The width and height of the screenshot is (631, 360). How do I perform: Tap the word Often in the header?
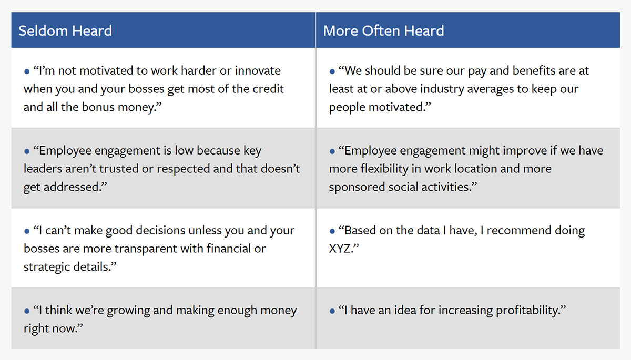pyautogui.click(x=381, y=30)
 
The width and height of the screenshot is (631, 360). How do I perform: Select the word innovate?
pyautogui.click(x=258, y=70)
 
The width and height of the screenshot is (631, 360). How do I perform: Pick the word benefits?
pyautogui.click(x=534, y=70)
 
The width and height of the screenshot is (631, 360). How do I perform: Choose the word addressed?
pyautogui.click(x=75, y=187)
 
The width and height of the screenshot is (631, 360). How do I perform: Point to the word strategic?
pyautogui.click(x=47, y=267)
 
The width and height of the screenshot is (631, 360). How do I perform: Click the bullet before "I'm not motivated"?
pyautogui.click(x=27, y=72)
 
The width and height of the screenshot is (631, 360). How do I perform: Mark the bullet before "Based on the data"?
pyautogui.click(x=332, y=231)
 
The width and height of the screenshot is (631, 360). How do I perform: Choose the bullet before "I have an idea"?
pyautogui.click(x=332, y=311)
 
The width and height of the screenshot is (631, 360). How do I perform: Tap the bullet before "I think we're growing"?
pyautogui.click(x=27, y=311)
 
